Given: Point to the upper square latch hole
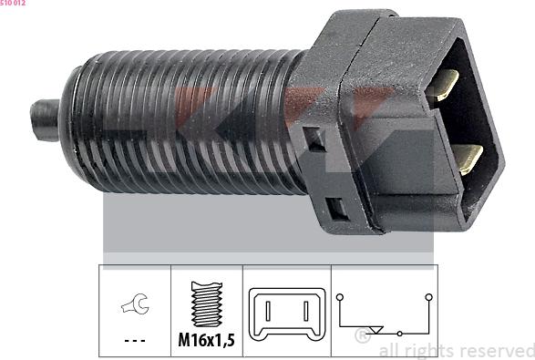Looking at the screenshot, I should tap(315, 139).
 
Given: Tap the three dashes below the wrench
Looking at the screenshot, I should tap(133, 342).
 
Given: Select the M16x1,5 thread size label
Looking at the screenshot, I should tap(206, 342).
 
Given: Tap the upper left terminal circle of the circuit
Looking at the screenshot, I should tap(338, 297).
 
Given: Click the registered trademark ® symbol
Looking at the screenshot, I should tap(362, 336).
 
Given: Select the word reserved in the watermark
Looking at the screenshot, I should tap(497, 351).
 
